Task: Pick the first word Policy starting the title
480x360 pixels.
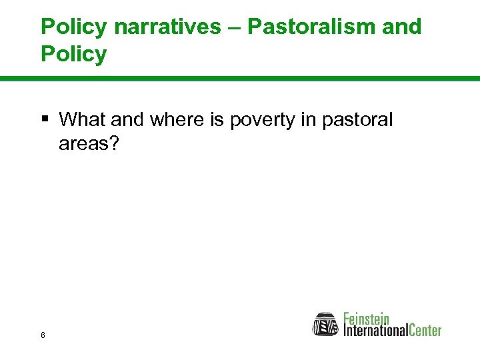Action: (73, 27)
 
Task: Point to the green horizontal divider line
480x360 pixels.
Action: (240, 79)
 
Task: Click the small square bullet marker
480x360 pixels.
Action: (45, 120)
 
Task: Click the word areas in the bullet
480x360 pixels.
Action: (83, 143)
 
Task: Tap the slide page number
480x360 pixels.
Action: (43, 335)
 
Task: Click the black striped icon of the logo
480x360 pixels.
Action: (326, 324)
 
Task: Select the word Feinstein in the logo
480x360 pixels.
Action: (367, 318)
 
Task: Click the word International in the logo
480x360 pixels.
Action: (375, 330)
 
